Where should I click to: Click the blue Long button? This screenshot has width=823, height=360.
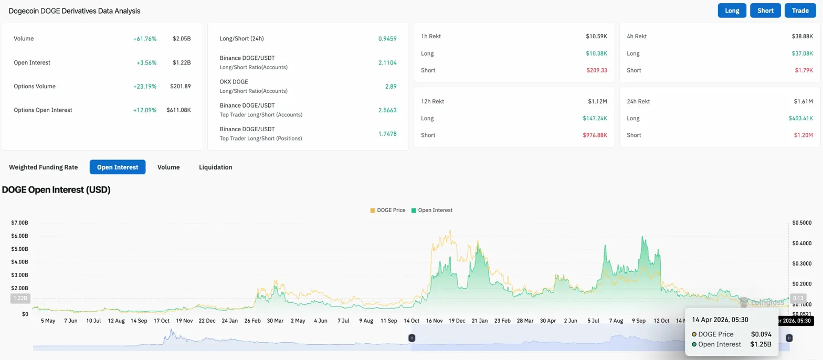pyautogui.click(x=732, y=10)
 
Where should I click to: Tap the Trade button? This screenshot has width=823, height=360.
pyautogui.click(x=800, y=10)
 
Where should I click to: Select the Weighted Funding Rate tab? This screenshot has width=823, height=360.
pyautogui.click(x=44, y=167)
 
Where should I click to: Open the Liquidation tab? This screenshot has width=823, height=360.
pyautogui.click(x=215, y=167)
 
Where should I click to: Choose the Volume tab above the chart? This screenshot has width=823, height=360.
pyautogui.click(x=168, y=167)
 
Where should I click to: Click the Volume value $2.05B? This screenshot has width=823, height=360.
pyautogui.click(x=182, y=39)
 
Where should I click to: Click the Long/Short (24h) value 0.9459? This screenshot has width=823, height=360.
pyautogui.click(x=387, y=39)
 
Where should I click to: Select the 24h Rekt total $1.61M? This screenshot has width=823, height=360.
pyautogui.click(x=803, y=101)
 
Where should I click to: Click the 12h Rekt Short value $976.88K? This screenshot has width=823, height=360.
pyautogui.click(x=595, y=135)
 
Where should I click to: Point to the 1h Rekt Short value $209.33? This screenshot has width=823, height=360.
pyautogui.click(x=597, y=70)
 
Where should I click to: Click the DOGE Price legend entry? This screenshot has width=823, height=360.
pyautogui.click(x=388, y=210)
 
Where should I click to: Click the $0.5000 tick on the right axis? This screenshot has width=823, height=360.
pyautogui.click(x=802, y=223)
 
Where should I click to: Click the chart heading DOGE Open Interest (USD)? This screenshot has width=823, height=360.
pyautogui.click(x=57, y=190)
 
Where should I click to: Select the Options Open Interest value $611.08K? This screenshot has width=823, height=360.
pyautogui.click(x=178, y=110)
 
